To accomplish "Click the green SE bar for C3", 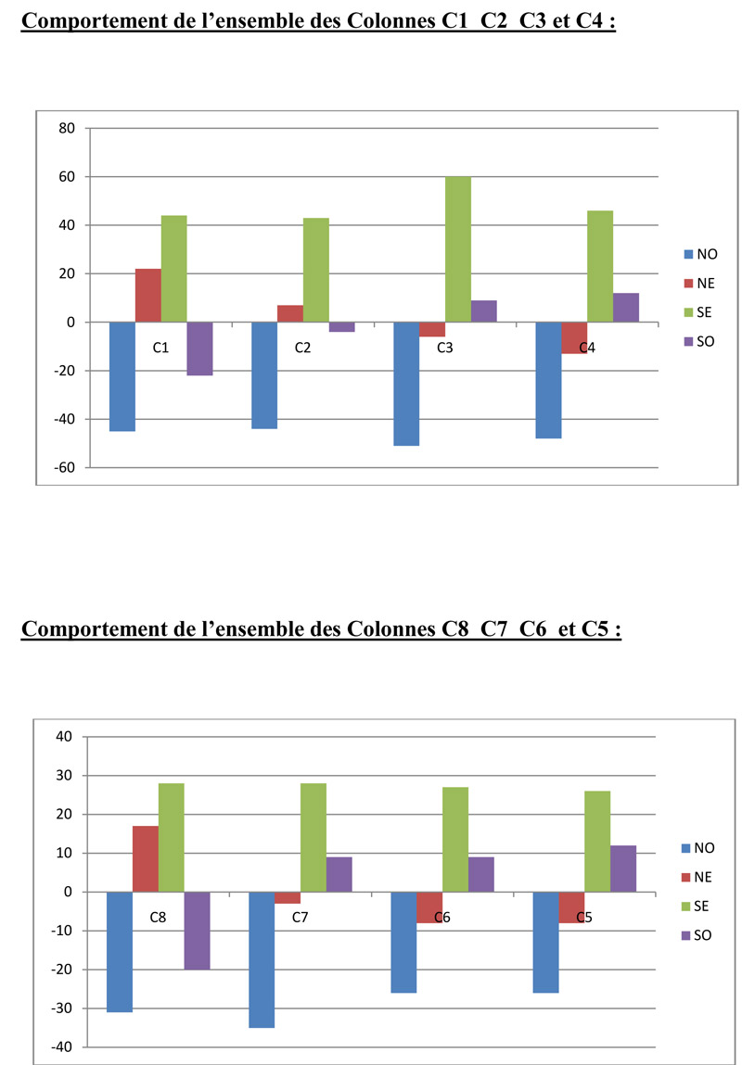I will click(457, 249).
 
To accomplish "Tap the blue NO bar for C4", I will click(548, 380).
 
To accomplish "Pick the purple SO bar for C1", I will click(199, 349).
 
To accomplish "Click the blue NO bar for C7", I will click(262, 959).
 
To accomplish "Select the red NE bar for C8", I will click(146, 859).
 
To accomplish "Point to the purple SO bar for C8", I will click(197, 931).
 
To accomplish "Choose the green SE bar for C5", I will click(596, 842).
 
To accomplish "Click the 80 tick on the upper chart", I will click(66, 128).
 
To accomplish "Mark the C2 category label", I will click(302, 348).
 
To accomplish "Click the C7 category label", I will click(301, 918).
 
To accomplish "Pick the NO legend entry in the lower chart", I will click(703, 847).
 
